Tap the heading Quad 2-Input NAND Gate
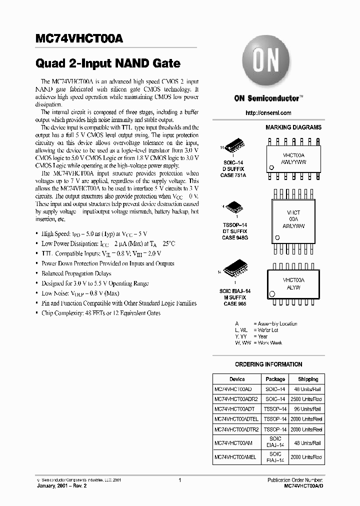coord(107,64)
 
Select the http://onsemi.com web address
coord(268,113)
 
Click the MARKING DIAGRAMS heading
coord(293,128)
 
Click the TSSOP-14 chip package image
coord(234,206)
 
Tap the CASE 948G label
coord(234,238)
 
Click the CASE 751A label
coord(234,175)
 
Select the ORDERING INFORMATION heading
coord(268,364)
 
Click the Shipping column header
coord(307,379)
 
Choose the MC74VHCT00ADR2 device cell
coord(237,399)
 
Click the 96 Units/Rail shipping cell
coord(307,409)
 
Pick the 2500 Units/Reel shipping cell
coord(307,399)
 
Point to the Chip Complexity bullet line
coord(101,313)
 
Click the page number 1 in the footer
coord(179,480)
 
